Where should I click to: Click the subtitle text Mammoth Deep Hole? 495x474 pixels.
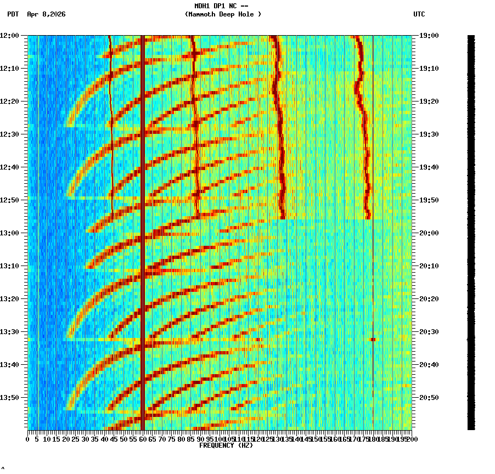click(223, 14)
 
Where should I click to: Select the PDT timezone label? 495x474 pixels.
click(13, 14)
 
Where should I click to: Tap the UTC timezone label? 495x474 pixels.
click(419, 14)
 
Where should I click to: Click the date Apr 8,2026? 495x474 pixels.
click(46, 14)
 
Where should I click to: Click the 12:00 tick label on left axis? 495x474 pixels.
click(9, 36)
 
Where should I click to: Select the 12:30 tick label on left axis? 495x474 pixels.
click(9, 134)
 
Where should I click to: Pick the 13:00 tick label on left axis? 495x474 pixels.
click(9, 233)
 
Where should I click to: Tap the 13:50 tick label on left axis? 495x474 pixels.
click(9, 398)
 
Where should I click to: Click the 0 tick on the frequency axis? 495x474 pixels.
click(28, 439)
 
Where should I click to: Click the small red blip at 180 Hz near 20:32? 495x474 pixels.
click(373, 340)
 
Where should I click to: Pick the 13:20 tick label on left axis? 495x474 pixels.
click(9, 299)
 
